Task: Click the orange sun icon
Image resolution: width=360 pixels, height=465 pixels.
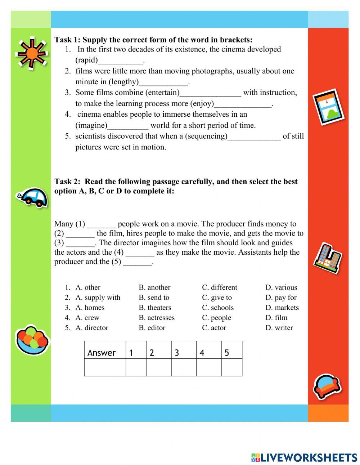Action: click(31, 53)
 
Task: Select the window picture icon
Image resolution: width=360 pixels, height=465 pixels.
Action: click(328, 107)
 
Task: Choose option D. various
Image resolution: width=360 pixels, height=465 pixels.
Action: click(281, 287)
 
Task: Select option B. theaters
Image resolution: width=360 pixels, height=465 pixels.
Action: click(155, 308)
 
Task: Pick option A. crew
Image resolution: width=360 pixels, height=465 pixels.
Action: click(87, 318)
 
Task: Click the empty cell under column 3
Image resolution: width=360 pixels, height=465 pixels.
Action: click(184, 367)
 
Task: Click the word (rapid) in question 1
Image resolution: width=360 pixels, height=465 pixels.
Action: click(86, 60)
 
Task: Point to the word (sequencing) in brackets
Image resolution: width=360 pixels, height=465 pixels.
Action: click(206, 136)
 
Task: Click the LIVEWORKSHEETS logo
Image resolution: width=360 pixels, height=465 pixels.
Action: click(304, 457)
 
